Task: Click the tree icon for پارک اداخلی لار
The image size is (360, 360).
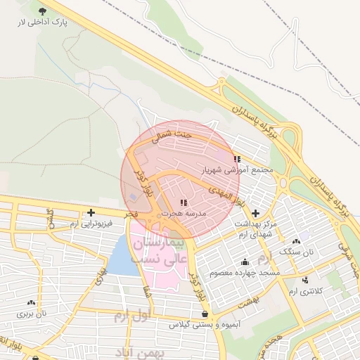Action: pos(44,11)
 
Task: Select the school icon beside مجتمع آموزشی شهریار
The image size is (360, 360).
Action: pos(237,159)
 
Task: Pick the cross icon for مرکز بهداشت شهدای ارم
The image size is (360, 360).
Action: pos(255,213)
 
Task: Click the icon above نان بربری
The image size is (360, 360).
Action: pos(31,302)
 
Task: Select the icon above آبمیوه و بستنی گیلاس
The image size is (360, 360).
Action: pos(204,314)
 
